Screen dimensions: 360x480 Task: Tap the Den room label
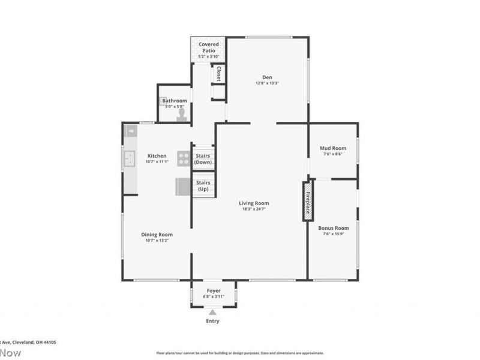pos(267,76)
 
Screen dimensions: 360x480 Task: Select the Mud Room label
pos(333,148)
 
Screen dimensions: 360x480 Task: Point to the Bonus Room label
pos(333,228)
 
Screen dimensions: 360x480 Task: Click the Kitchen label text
pos(157,156)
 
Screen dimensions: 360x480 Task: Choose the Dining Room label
pos(157,235)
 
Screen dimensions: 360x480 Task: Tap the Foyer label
pos(213,290)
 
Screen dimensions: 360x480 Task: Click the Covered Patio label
pos(208,47)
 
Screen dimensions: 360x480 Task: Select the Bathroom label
pos(175,101)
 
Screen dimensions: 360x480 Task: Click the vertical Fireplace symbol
pos(307,200)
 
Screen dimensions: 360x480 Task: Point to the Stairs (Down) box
pos(203,158)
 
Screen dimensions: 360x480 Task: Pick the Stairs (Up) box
pos(203,185)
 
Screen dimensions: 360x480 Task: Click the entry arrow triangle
pos(212,311)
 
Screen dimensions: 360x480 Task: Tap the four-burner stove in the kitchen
pos(184,158)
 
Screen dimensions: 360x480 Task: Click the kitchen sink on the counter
pos(130,158)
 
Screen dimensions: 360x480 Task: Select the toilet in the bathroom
pos(182,114)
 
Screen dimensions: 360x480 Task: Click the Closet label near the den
pos(218,73)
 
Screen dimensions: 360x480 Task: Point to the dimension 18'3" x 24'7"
pos(254,209)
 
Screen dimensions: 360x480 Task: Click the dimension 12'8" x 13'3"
pos(267,83)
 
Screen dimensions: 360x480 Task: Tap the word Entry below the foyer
pos(212,321)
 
